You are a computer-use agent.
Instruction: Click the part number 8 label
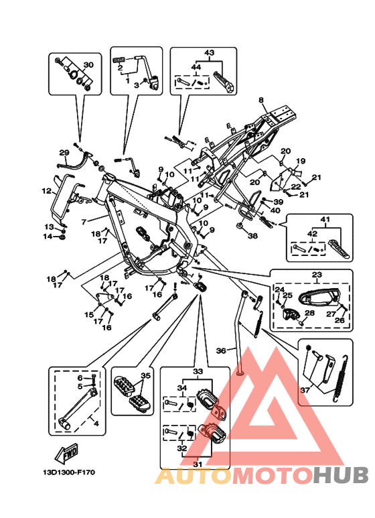(x=261, y=100)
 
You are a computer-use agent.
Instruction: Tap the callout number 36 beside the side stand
(x=221, y=350)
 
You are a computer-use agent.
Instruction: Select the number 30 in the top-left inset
(x=88, y=65)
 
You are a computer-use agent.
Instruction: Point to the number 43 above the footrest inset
(x=210, y=53)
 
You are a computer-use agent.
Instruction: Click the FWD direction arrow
(x=66, y=452)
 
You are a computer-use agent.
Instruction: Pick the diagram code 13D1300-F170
(x=69, y=472)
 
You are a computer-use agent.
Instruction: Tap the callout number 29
(x=64, y=153)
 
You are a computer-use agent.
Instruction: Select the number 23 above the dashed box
(x=317, y=275)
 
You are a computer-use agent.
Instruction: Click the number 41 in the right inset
(x=325, y=219)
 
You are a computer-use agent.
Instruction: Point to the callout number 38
(x=253, y=236)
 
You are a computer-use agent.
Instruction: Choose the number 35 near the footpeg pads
(x=145, y=376)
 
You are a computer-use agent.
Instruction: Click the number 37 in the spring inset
(x=305, y=390)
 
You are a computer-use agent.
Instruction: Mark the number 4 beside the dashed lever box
(x=96, y=424)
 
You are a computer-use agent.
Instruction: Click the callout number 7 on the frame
(x=84, y=222)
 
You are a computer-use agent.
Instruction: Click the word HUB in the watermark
(x=341, y=475)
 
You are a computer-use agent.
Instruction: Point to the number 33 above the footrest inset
(x=198, y=372)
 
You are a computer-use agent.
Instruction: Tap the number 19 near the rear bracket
(x=301, y=161)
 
